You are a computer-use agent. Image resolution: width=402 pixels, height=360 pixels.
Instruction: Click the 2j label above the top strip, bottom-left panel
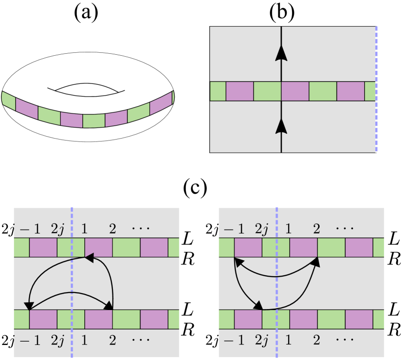click(x=58, y=228)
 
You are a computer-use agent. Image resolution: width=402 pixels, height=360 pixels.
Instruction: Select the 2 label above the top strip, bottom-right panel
click(x=316, y=228)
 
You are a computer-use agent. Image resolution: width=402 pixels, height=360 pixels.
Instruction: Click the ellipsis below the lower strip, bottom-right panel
click(x=345, y=341)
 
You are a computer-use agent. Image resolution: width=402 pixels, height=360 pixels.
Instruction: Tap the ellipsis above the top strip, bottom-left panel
click(x=140, y=228)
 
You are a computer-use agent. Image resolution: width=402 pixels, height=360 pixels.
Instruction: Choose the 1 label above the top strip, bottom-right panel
click(x=288, y=228)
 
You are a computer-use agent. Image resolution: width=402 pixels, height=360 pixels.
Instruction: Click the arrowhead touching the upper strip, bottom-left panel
click(x=90, y=258)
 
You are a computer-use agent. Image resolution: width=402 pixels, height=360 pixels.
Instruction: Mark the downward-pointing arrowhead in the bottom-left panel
click(x=29, y=305)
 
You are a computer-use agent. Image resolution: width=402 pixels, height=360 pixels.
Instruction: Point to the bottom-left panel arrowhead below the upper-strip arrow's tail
click(x=108, y=305)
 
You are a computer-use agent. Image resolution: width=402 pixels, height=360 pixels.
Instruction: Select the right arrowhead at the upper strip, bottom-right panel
click(x=316, y=262)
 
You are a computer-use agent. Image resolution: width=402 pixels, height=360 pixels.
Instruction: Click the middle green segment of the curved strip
click(x=93, y=121)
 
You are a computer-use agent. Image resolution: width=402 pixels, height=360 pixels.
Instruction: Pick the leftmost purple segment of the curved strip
click(x=27, y=108)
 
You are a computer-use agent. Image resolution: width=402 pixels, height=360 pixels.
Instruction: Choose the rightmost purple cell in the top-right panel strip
click(x=350, y=91)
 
